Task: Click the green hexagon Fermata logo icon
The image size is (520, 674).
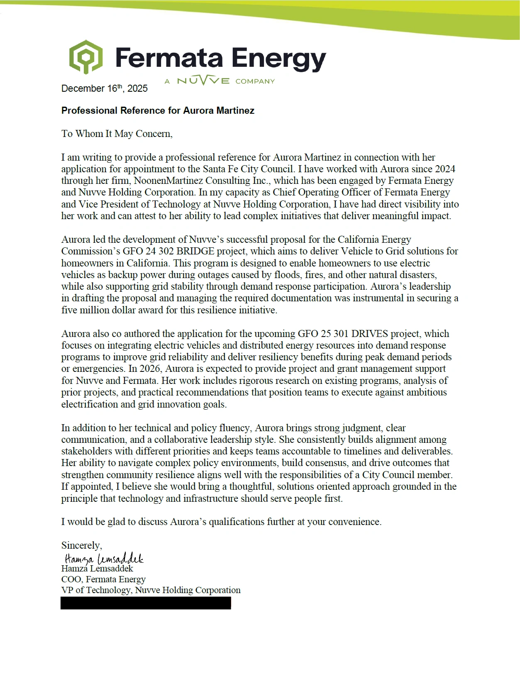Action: [x=86, y=57]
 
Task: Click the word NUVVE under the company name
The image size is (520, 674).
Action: [x=203, y=81]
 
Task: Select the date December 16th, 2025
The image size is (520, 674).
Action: [x=104, y=88]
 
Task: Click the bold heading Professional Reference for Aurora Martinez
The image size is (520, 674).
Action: [x=158, y=110]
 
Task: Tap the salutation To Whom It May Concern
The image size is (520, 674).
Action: [x=117, y=134]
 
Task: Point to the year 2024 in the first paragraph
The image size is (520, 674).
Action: [x=445, y=169]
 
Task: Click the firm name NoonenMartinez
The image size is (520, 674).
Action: [x=168, y=181]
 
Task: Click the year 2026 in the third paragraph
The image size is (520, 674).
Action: [x=150, y=369]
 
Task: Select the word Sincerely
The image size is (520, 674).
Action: [x=81, y=545]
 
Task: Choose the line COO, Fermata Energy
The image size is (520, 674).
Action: [x=103, y=579]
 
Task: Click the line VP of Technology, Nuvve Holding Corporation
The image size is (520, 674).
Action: [x=151, y=590]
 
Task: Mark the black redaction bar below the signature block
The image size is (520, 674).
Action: [x=146, y=603]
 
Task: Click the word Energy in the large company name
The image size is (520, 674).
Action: [x=279, y=59]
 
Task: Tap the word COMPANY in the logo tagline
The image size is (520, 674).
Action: [x=255, y=81]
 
